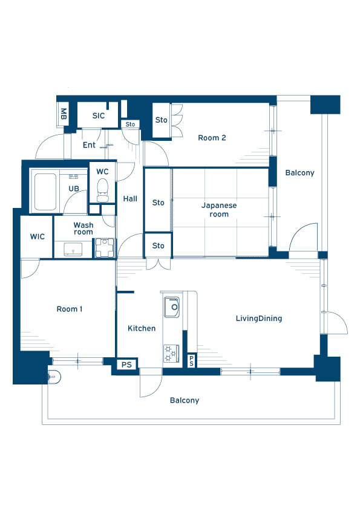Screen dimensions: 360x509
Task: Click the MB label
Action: [64, 114]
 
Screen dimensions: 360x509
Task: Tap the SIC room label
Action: [99, 115]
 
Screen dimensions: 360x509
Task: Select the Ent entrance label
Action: [89, 144]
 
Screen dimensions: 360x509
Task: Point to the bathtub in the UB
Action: [45, 192]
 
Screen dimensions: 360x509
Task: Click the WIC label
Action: [38, 236]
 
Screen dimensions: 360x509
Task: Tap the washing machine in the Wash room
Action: [104, 248]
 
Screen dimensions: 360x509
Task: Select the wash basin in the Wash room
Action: [73, 250]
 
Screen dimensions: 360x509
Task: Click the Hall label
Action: [130, 199]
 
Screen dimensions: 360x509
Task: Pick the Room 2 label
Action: [212, 138]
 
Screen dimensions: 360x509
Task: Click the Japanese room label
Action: [219, 210]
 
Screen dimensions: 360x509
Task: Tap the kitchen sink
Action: [172, 307]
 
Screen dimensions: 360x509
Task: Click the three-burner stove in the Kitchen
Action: [171, 354]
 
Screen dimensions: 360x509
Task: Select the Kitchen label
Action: [142, 328]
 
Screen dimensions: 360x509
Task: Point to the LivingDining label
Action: [259, 319]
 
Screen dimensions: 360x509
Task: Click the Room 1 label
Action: [70, 309]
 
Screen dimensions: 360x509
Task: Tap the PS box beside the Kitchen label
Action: [126, 365]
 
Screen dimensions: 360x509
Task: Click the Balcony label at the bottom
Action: [185, 400]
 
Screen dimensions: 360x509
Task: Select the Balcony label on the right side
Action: [300, 173]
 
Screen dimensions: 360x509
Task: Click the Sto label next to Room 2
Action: [161, 120]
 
